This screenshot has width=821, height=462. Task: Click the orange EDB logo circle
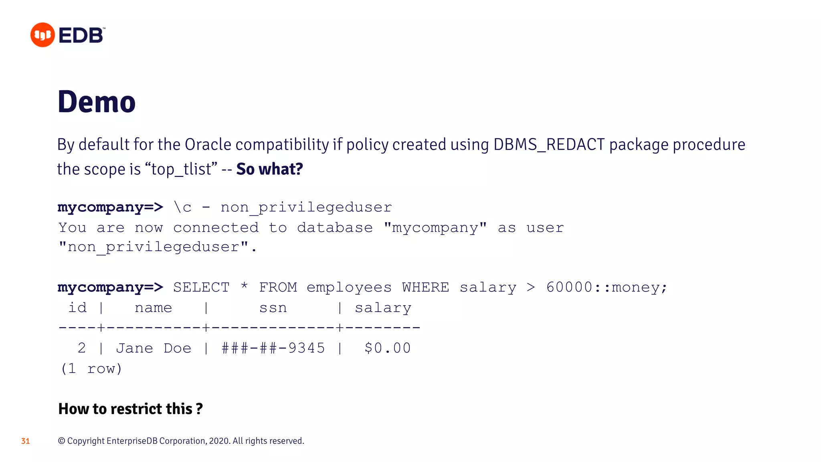tap(42, 35)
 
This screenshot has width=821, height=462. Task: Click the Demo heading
tap(97, 102)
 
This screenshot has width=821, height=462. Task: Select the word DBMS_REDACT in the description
tap(549, 145)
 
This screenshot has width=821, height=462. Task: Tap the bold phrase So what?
tap(269, 169)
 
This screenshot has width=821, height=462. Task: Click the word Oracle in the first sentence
tap(208, 145)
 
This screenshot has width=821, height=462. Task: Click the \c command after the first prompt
tap(182, 207)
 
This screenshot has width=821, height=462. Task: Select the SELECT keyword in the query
tap(201, 288)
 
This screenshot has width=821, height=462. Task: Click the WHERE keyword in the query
tap(425, 288)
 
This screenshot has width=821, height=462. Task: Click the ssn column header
tap(273, 308)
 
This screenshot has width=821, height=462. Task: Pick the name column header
tap(153, 308)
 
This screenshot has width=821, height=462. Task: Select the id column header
tap(77, 308)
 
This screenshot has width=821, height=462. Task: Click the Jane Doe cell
tap(154, 348)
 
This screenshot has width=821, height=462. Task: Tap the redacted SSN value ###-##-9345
tap(273, 348)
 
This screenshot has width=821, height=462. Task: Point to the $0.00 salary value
tap(387, 348)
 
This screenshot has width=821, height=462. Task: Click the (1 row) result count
tap(91, 369)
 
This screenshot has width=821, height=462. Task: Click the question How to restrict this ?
tap(131, 409)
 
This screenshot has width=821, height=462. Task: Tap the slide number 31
tap(25, 441)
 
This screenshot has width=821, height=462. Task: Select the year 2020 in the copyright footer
tap(219, 441)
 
